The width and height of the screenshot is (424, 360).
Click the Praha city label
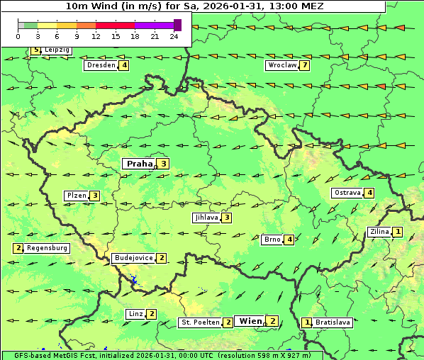point(139,164)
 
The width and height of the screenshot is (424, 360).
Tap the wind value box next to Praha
point(164,164)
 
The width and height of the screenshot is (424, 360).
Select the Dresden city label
point(101,65)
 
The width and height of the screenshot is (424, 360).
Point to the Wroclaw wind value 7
point(305,65)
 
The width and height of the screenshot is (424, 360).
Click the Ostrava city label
point(347,193)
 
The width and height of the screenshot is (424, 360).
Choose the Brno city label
point(272,240)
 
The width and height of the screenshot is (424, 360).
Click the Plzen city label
point(76,196)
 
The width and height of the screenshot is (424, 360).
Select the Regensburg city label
point(48,248)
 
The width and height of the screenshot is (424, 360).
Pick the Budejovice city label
point(133,258)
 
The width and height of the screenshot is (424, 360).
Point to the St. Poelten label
point(199,322)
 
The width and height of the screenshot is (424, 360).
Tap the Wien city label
point(250,321)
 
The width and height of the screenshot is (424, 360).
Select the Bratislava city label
point(333,322)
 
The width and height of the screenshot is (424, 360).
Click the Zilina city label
point(379,232)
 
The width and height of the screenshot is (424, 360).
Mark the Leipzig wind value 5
point(35,50)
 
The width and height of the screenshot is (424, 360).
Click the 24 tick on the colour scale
point(174,36)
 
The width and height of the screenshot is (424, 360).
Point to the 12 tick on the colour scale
point(96,36)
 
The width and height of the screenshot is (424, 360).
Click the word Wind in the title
point(106,6)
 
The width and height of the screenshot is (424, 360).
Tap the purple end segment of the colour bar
point(177,25)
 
